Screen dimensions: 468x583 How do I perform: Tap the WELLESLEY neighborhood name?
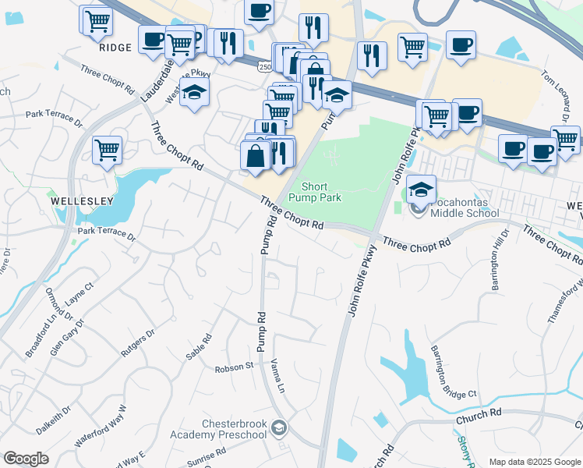click(x=82, y=200)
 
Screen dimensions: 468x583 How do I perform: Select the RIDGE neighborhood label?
click(x=115, y=47)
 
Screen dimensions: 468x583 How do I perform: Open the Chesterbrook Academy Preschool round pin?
click(x=280, y=427)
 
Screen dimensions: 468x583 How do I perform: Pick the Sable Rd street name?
click(x=199, y=347)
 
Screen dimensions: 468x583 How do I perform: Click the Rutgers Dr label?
click(x=138, y=343)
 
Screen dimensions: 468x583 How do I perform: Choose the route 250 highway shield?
click(x=266, y=69)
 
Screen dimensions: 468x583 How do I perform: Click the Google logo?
click(x=26, y=459)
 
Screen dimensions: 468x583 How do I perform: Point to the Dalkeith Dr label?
click(x=54, y=419)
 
